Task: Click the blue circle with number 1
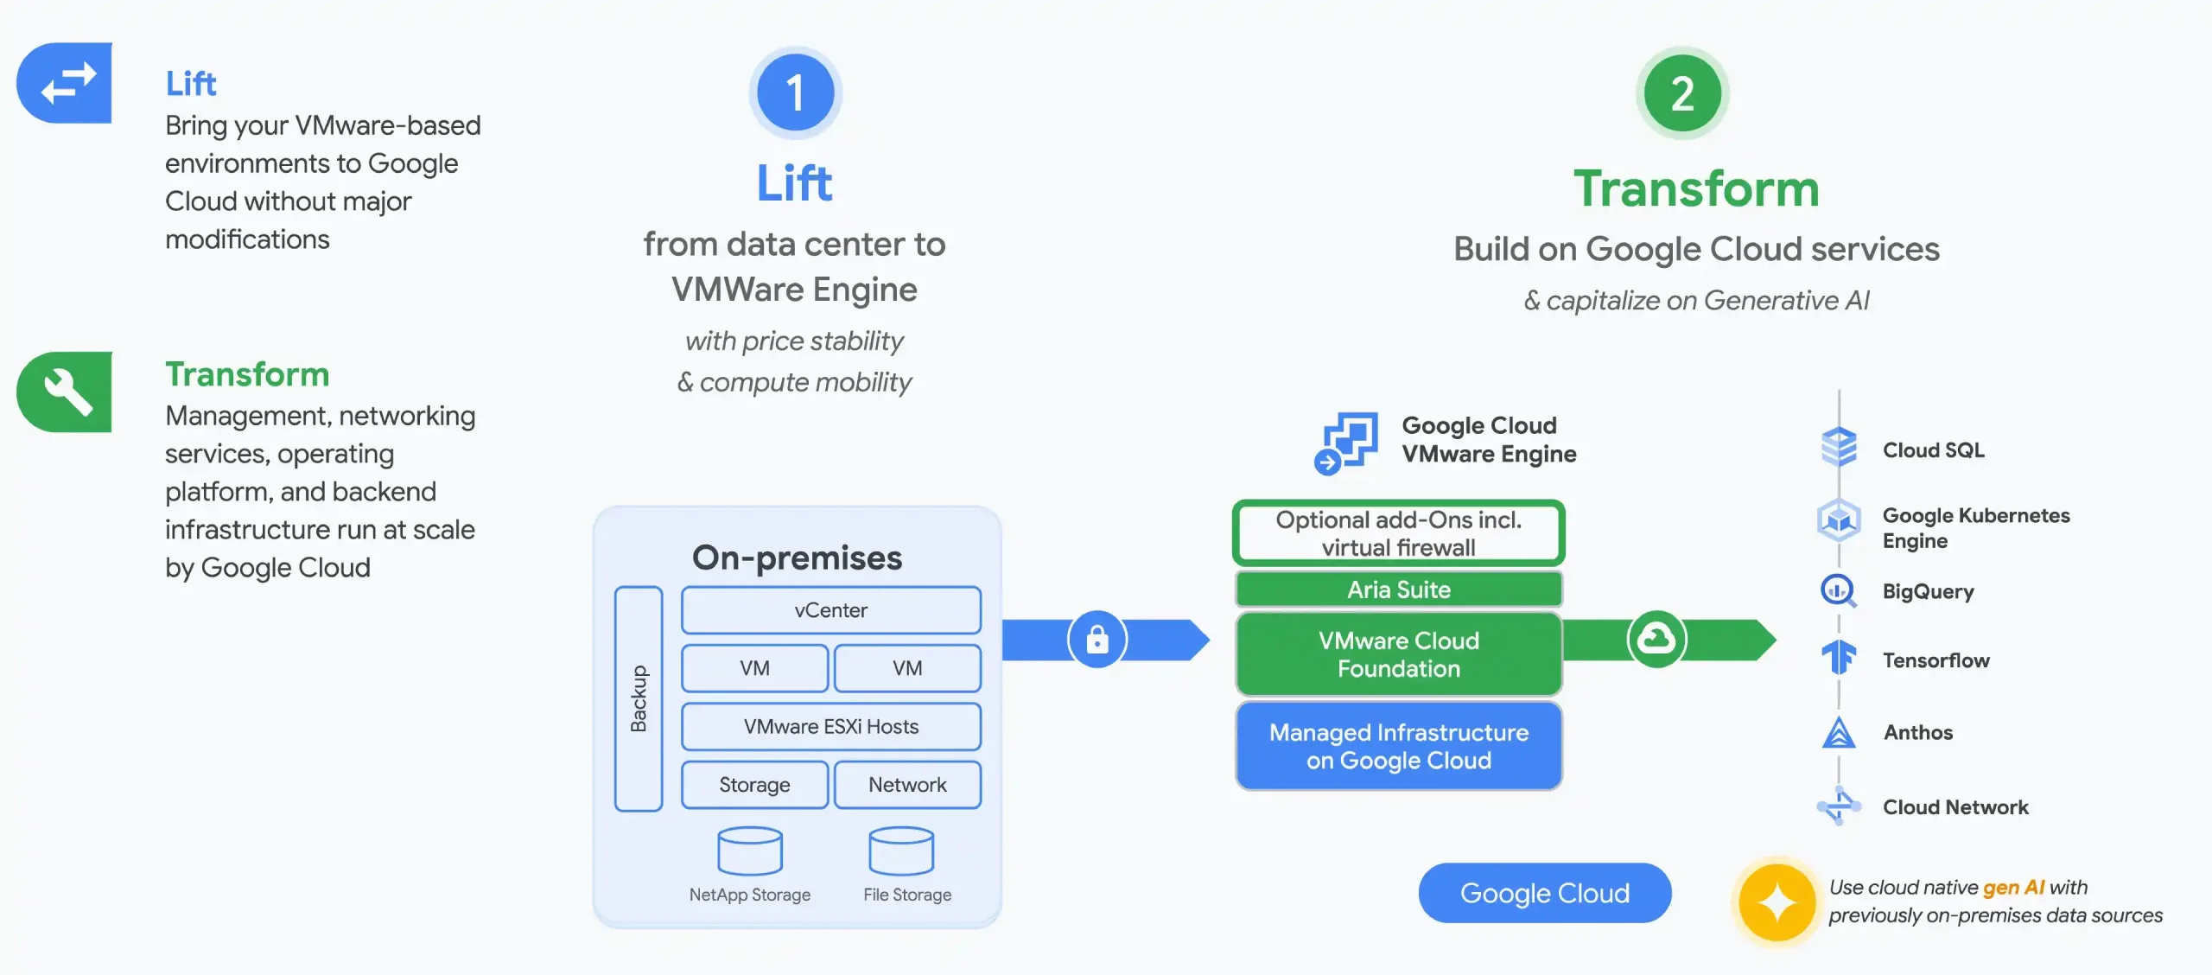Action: (x=795, y=93)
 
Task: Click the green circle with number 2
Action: (x=1681, y=93)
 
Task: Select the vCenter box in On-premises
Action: (x=830, y=610)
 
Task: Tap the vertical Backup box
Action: (x=639, y=698)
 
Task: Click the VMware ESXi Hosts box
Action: (x=830, y=726)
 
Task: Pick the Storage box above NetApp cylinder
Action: (x=754, y=785)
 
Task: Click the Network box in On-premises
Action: (x=907, y=785)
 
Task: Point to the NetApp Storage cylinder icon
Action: (x=750, y=851)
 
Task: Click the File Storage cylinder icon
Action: (x=901, y=851)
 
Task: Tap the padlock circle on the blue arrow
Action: (x=1096, y=640)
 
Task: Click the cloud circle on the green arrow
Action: (x=1656, y=640)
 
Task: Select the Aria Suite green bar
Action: (x=1398, y=589)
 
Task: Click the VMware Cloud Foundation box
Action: (x=1398, y=654)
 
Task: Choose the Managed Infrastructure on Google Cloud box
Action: (x=1398, y=746)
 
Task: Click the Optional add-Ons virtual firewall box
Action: (x=1398, y=533)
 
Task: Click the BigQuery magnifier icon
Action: (x=1838, y=591)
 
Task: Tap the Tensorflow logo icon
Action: (x=1838, y=659)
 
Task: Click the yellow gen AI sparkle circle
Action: (x=1777, y=902)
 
